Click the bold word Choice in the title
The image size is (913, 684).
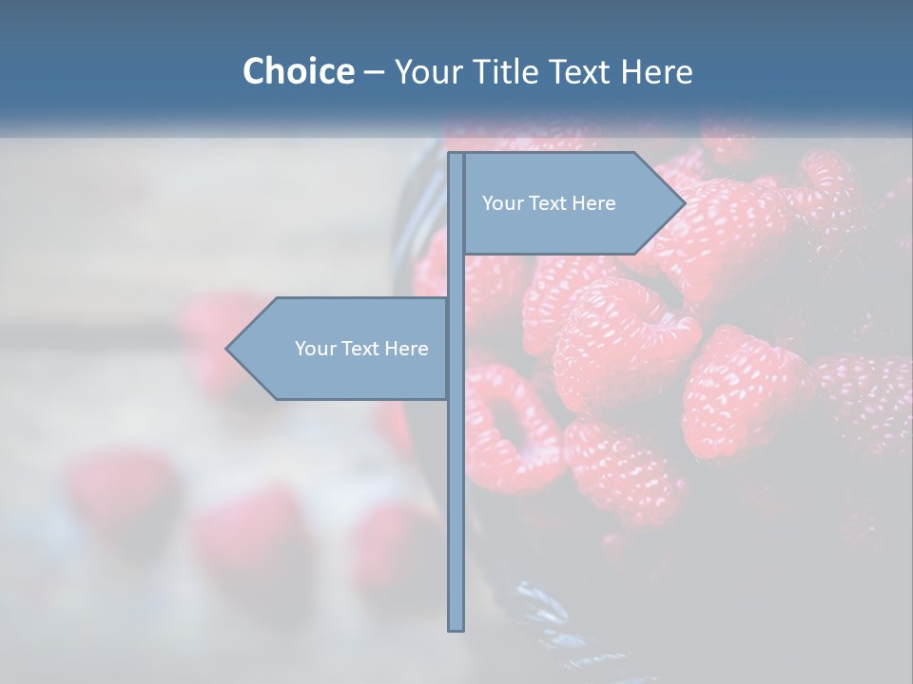click(298, 71)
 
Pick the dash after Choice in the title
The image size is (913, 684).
click(374, 72)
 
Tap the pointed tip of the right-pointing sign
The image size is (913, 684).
click(683, 203)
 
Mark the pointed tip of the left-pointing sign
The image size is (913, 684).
click(228, 349)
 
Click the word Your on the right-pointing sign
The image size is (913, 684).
click(501, 203)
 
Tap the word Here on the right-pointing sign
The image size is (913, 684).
click(594, 203)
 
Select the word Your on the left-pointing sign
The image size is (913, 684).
click(314, 349)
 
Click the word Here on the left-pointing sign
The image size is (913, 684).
click(407, 349)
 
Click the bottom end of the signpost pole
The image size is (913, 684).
click(456, 627)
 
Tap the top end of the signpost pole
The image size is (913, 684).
click(456, 157)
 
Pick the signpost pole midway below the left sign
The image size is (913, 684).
click(456, 513)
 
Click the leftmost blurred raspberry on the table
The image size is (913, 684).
click(119, 494)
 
